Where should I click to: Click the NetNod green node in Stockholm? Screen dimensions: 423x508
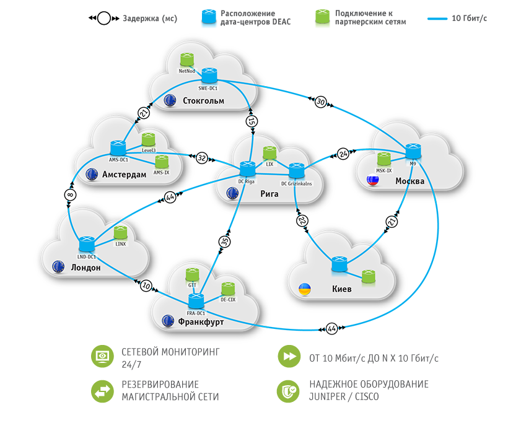click(186, 59)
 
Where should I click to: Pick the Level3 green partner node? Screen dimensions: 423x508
click(149, 139)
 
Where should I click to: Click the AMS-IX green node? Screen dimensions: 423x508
click(162, 162)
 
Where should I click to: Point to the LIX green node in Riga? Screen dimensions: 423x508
click(269, 153)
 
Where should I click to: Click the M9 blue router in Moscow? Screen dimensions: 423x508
click(413, 150)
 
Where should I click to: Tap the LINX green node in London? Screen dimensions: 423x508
click(121, 233)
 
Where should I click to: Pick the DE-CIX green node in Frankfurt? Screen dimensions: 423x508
click(229, 289)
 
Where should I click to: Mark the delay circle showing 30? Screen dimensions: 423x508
click(320, 102)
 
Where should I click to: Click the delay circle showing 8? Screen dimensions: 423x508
click(70, 196)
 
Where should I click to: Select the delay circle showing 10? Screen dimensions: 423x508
click(146, 286)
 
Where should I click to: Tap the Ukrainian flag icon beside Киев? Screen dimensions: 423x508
click(305, 289)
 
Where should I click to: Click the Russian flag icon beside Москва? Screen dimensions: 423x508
click(373, 181)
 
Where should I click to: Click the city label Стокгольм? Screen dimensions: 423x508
click(203, 100)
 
